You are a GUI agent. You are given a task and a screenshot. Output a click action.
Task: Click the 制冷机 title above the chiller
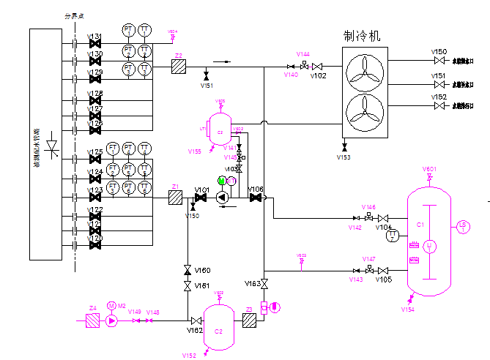(362, 36)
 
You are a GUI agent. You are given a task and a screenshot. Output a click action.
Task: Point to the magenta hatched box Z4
(92, 320)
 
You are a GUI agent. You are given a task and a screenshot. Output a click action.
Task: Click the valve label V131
(94, 37)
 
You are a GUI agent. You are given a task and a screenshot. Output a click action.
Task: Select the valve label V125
(94, 151)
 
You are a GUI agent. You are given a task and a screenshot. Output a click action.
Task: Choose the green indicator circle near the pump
(222, 181)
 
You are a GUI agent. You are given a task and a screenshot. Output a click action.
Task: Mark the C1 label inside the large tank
(420, 224)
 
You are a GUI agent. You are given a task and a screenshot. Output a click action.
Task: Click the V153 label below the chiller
(344, 157)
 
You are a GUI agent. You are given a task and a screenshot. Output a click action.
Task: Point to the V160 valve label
(203, 270)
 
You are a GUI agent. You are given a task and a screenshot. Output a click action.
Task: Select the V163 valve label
(253, 283)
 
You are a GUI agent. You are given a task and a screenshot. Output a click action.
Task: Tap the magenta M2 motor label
(122, 307)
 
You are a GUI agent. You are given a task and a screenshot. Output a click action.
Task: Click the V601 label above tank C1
(429, 169)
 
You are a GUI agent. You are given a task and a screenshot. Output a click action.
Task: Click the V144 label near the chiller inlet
(303, 54)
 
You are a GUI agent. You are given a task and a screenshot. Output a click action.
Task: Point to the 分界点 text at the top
(74, 15)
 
